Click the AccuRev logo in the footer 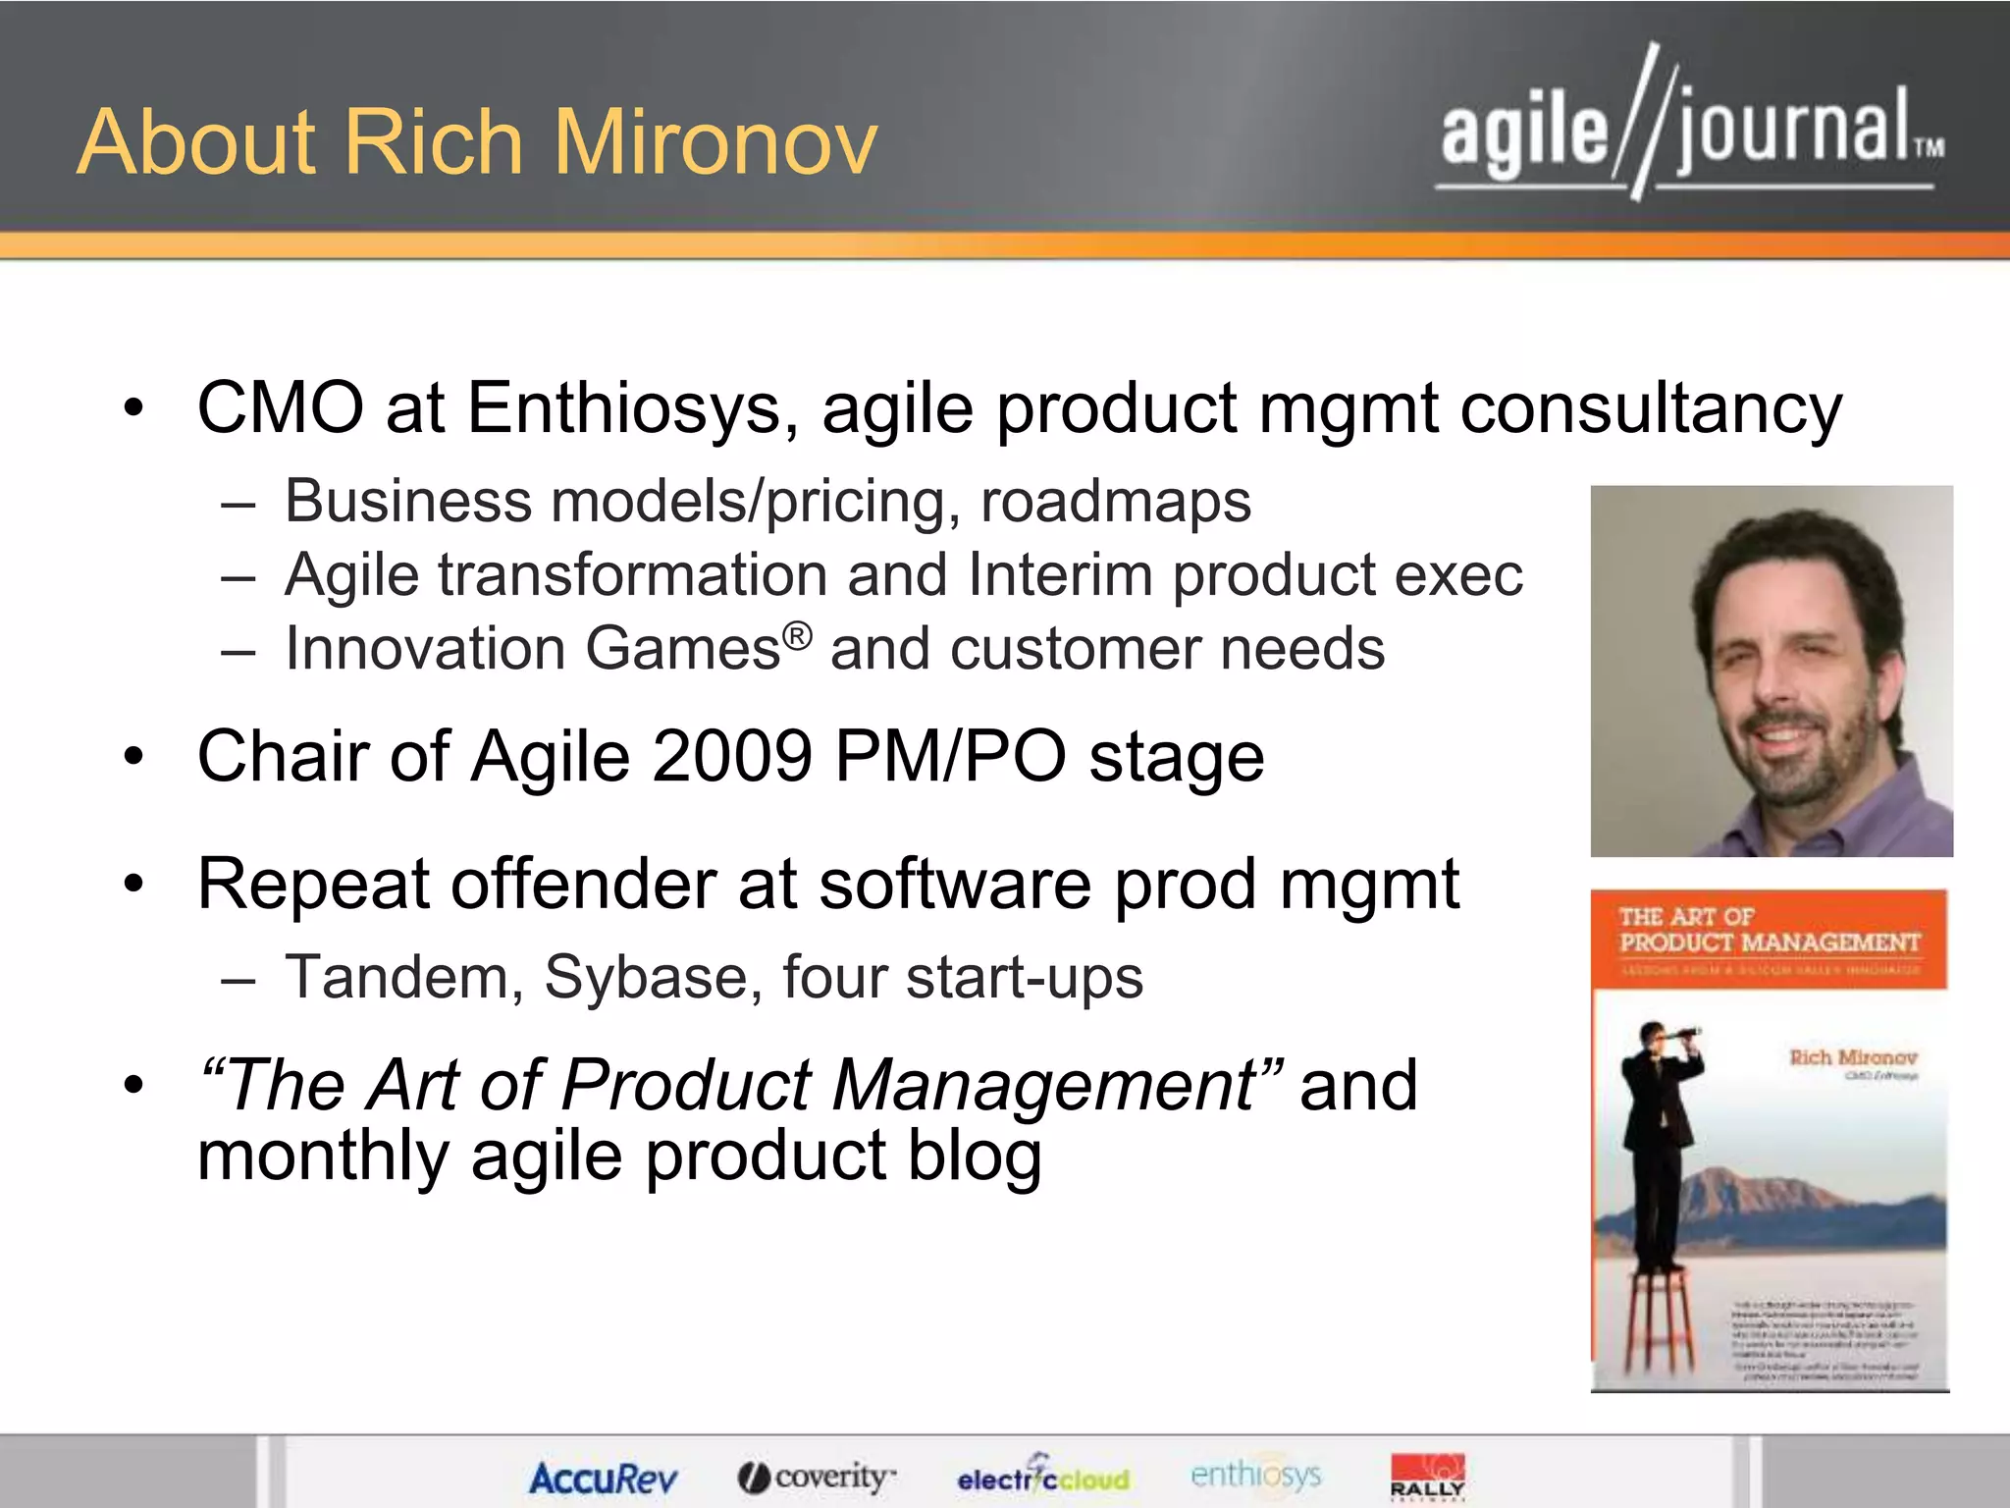603,1478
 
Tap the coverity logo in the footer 817,1477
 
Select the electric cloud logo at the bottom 1042,1477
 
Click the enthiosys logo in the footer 1255,1475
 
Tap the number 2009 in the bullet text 731,756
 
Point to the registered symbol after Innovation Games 798,635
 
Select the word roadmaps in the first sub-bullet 1115,501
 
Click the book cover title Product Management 1770,942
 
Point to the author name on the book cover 1852,1057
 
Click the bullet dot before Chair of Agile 134,757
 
